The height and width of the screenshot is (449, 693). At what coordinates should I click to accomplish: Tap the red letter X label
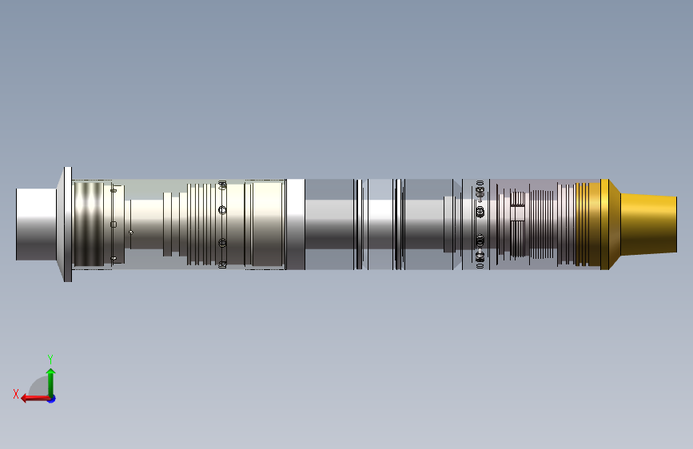pyautogui.click(x=15, y=394)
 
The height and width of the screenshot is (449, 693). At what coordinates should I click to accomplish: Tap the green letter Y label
pyautogui.click(x=50, y=359)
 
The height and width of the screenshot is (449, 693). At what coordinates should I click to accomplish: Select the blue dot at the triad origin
pyautogui.click(x=51, y=398)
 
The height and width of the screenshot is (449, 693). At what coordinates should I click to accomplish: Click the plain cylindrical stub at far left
pyautogui.click(x=36, y=224)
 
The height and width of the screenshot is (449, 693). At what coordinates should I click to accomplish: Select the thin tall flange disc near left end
pyautogui.click(x=67, y=224)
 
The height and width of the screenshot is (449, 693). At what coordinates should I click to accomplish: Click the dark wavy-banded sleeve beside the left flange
pyautogui.click(x=92, y=224)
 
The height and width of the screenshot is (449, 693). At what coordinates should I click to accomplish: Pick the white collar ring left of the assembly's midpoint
pyautogui.click(x=295, y=224)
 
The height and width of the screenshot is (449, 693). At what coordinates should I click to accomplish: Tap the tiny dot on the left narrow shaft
pyautogui.click(x=131, y=232)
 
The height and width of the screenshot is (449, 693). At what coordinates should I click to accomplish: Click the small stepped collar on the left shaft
pyautogui.click(x=167, y=224)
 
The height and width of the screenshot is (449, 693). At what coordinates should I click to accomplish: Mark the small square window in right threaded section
pyautogui.click(x=518, y=213)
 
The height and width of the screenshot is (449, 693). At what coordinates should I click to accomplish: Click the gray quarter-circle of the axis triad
pyautogui.click(x=37, y=391)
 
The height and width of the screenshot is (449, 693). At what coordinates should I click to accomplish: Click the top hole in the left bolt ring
pyautogui.click(x=222, y=184)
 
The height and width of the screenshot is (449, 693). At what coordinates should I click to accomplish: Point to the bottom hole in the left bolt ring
pyautogui.click(x=222, y=264)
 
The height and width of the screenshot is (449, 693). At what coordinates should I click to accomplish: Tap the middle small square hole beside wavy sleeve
pyautogui.click(x=114, y=224)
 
